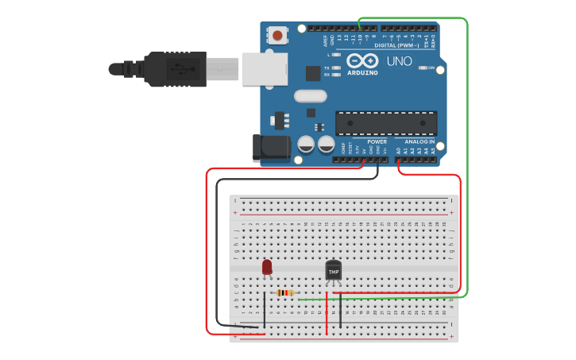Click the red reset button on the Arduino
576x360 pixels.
pos(277,35)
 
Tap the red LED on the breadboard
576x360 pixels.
pos(267,268)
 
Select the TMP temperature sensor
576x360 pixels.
pos(334,271)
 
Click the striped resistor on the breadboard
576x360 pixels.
pos(284,292)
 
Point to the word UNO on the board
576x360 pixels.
pos(399,61)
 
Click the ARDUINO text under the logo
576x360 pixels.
pos(361,73)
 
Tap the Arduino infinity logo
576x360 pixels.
pos(361,61)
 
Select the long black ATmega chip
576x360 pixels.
pos(386,123)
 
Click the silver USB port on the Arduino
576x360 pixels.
pos(264,69)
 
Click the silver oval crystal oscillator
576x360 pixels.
pos(310,96)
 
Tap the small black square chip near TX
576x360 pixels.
pos(314,73)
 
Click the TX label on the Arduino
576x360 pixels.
pos(327,68)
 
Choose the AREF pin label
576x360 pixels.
pos(324,39)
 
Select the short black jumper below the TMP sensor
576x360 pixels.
pos(341,310)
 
